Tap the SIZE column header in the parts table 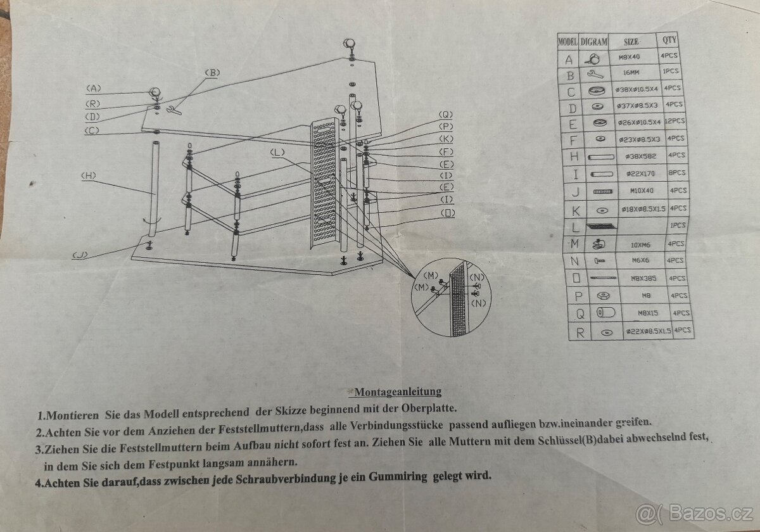631,42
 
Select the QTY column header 669,40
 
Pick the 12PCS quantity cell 675,120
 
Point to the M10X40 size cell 633,190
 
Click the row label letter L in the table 575,226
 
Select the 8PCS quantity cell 676,172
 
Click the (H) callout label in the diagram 89,175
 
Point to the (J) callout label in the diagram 80,255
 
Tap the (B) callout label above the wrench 212,73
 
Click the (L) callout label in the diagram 277,152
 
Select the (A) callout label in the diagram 94,88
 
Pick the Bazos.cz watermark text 709,512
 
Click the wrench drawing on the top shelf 173,111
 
